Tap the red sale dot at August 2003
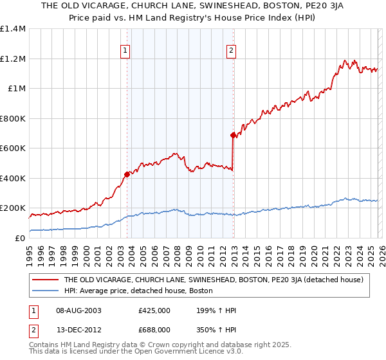click(127, 174)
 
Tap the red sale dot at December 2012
click(233, 135)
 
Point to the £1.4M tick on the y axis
click(13, 29)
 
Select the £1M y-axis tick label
click(16, 89)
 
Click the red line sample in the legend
click(46, 280)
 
